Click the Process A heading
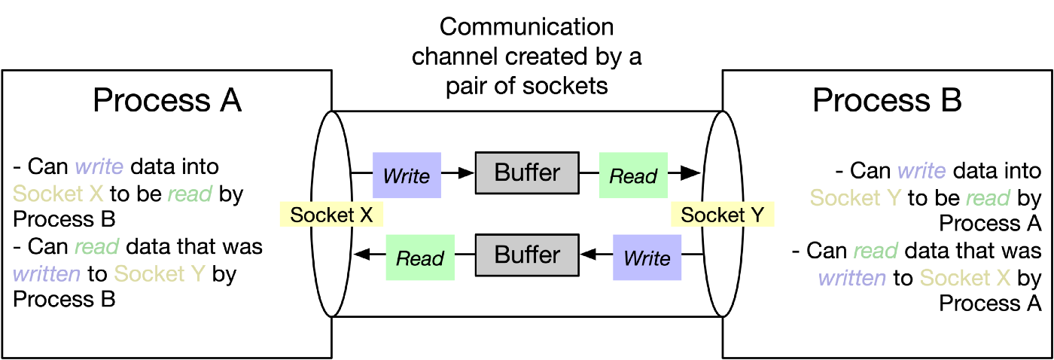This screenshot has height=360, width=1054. point(167,100)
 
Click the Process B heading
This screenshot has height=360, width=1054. point(887,100)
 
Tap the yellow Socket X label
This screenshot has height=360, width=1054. point(331,215)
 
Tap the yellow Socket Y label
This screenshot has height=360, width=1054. point(722,215)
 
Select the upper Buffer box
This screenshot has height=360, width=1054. point(527,172)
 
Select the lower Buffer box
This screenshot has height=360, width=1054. point(527,255)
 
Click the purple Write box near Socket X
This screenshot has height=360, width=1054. point(407,175)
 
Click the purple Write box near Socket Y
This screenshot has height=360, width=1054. point(647,258)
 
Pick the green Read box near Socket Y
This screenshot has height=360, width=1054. point(633,175)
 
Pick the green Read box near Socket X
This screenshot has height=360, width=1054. point(420,258)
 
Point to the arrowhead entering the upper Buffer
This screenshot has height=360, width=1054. point(466,173)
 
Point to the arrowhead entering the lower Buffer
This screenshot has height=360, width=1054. point(588,255)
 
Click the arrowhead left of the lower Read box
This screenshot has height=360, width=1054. point(362,255)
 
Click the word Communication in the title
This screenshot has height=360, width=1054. point(526,27)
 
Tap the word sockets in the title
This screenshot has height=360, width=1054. point(565,87)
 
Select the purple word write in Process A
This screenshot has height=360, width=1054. point(99,166)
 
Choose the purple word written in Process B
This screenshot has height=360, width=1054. point(852,278)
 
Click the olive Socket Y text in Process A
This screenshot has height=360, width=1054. point(160,274)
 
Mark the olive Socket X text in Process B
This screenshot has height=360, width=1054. point(965,278)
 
